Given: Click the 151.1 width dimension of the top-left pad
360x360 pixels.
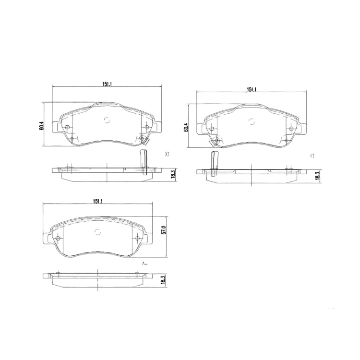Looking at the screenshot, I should coord(107,84).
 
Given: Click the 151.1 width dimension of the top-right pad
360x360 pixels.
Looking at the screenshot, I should coord(252,90).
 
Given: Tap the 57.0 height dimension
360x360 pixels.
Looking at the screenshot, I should coord(163,230).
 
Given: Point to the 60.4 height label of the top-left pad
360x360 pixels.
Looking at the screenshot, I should coord(42,126).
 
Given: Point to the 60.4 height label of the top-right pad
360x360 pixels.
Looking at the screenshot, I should coord(186,127).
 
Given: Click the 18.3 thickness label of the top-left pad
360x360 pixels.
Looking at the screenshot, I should coord(173,175).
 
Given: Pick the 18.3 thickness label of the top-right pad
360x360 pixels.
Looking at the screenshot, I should coord(317,176).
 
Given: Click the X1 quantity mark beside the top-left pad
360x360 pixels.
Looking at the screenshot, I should coord(168,155).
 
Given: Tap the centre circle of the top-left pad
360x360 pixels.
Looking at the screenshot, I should coord(107,120).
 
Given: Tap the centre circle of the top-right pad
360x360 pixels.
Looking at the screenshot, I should coord(251,121).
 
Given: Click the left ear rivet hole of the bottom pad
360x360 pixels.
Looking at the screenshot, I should coord(58,239).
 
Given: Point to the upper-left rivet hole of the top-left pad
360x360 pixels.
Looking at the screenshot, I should coord(67,127).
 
